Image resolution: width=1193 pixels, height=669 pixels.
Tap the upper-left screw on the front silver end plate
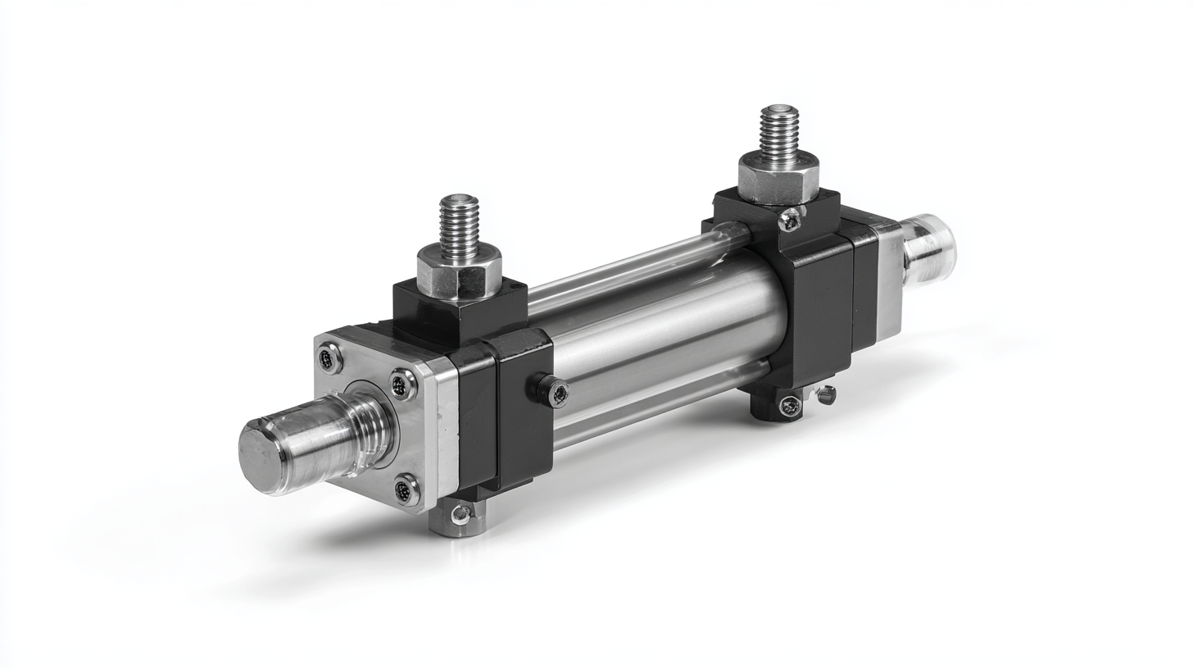[x=329, y=358]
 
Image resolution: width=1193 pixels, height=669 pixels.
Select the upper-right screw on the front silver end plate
[x=402, y=385]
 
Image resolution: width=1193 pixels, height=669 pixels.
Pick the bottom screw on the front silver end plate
[x=406, y=490]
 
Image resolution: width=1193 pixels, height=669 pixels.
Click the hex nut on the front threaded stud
[x=459, y=270]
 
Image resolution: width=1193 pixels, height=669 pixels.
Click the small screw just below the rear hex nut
[x=790, y=218]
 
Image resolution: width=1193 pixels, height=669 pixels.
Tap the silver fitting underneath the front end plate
[x=459, y=517]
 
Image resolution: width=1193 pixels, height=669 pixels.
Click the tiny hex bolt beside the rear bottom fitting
[x=826, y=395]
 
